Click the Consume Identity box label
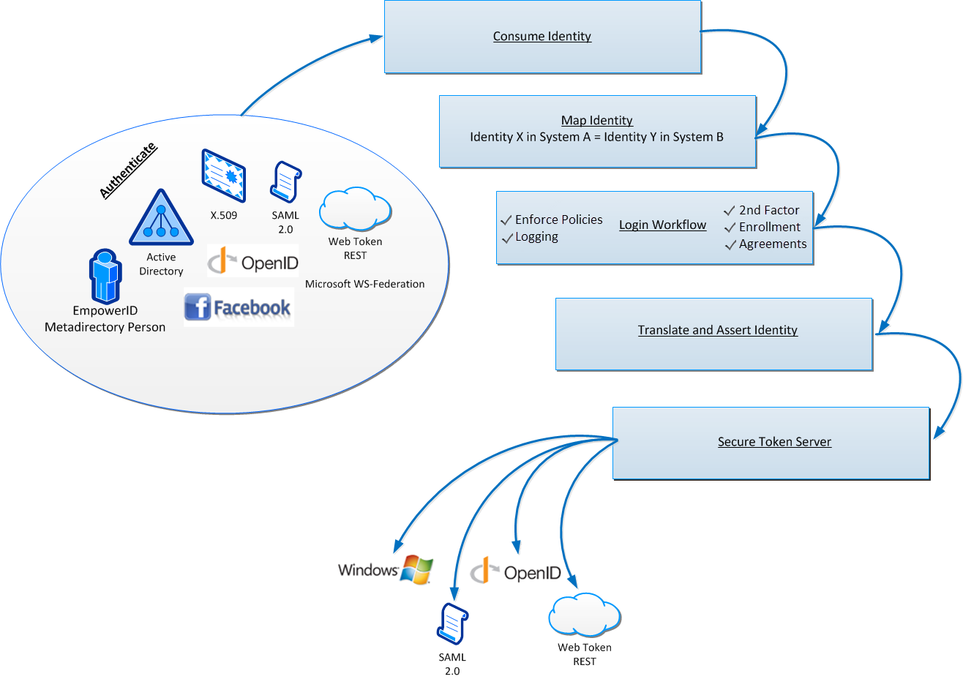[542, 37]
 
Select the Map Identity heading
[596, 121]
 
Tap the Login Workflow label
[662, 225]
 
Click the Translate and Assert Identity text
[717, 330]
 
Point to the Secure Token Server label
[774, 442]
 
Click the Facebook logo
[239, 307]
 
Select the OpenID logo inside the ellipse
[253, 262]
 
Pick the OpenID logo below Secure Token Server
[516, 571]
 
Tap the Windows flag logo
[417, 569]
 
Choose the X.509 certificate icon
[223, 176]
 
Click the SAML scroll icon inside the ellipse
[285, 182]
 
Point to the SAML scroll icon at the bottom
[452, 624]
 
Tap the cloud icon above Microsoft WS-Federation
[355, 209]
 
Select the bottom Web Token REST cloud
[584, 615]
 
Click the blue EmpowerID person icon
[105, 276]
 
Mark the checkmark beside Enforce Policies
[506, 220]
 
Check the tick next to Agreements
[730, 245]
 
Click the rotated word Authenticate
[128, 170]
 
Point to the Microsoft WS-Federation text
[364, 284]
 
